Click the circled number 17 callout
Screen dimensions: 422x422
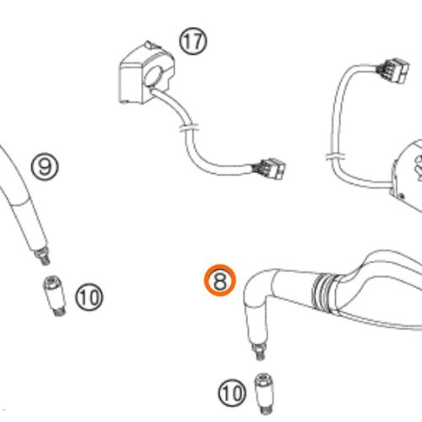193,41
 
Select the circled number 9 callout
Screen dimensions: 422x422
45,166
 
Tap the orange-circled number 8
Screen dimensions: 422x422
219,280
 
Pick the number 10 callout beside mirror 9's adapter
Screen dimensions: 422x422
89,297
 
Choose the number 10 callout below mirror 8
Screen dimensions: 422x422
232,392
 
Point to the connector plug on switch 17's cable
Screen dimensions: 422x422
269,169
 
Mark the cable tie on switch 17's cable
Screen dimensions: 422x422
189,127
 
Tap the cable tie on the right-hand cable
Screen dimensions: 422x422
336,156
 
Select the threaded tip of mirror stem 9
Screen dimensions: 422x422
43,256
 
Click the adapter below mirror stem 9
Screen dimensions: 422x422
55,296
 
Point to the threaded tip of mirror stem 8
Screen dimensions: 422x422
260,351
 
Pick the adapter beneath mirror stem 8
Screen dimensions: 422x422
264,393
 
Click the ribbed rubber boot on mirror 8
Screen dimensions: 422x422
325,293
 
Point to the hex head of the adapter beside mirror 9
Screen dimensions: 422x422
51,280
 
